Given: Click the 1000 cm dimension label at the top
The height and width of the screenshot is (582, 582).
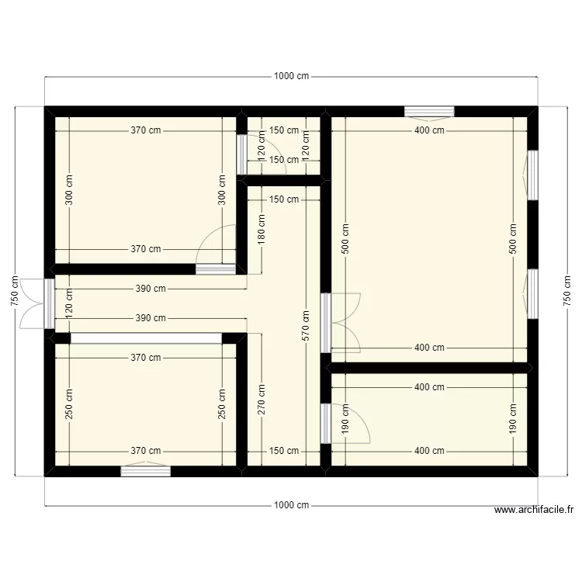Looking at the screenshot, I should pyautogui.click(x=291, y=76).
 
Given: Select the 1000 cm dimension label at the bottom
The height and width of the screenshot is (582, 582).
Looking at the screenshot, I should pyautogui.click(x=291, y=505).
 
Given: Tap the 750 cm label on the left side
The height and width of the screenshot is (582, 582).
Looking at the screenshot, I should pyautogui.click(x=15, y=291).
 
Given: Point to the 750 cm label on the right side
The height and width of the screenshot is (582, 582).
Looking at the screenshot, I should pyautogui.click(x=566, y=291).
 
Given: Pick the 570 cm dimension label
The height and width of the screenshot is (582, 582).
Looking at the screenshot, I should pyautogui.click(x=307, y=326).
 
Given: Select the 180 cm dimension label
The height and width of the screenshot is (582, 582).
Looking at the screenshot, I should pyautogui.click(x=262, y=230).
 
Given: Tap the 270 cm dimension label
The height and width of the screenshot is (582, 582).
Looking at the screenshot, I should pyautogui.click(x=262, y=400).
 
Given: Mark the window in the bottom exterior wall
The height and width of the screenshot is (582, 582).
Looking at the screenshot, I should pyautogui.click(x=146, y=470).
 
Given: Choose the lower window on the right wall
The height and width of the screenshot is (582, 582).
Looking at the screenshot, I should pyautogui.click(x=532, y=293).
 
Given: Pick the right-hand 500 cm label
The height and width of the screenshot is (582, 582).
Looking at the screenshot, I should pyautogui.click(x=513, y=240).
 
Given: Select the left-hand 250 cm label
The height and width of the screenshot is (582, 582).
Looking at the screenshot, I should pyautogui.click(x=69, y=404).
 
